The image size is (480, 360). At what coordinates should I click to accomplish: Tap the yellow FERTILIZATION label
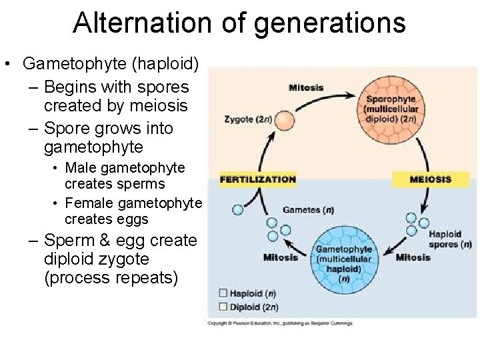click(x=257, y=179)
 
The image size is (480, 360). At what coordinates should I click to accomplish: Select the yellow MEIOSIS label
click(x=430, y=179)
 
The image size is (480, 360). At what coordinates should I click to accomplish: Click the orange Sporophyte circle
click(x=391, y=106)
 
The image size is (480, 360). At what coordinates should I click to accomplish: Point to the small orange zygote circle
click(x=285, y=120)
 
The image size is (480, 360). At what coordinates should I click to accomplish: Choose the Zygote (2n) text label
click(x=247, y=120)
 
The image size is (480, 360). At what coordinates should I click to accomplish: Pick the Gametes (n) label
click(x=308, y=210)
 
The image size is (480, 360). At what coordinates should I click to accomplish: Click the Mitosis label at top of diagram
click(x=306, y=87)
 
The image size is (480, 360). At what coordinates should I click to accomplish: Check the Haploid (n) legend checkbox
click(x=223, y=293)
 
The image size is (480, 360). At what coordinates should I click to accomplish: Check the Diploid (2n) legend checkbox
click(x=223, y=307)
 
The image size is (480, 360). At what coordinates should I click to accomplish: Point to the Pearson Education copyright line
click(x=280, y=323)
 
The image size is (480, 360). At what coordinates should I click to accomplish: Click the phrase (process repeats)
click(x=111, y=277)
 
